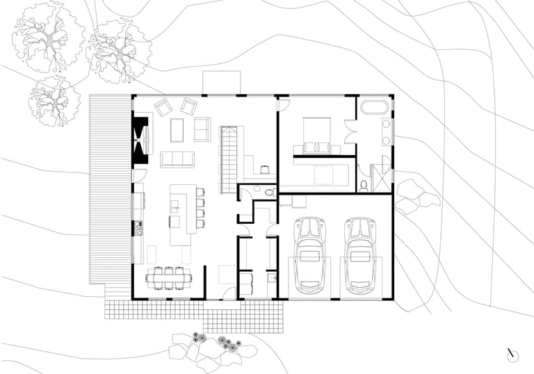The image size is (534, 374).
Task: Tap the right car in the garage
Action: [359, 255]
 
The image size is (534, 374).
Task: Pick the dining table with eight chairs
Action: [169, 277]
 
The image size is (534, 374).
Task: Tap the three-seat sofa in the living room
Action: [177, 159]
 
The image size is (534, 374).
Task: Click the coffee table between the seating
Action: [177, 129]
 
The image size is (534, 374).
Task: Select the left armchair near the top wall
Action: [163, 108]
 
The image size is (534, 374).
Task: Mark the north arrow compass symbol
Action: [512, 355]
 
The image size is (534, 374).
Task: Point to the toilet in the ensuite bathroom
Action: [364, 185]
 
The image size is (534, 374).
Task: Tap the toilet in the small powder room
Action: [269, 190]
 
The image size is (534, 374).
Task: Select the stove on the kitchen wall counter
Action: [138, 227]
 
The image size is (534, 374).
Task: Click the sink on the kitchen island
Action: [175, 205]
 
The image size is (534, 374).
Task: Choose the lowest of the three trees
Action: [54, 101]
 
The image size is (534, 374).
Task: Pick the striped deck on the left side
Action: [111, 188]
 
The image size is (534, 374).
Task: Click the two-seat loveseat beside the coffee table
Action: [202, 129]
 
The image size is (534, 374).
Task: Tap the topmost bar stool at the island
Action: [200, 193]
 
